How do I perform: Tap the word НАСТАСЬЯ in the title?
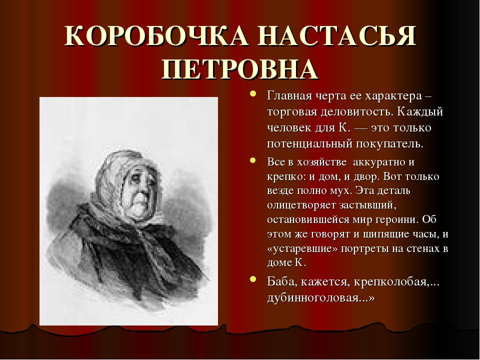(336, 35)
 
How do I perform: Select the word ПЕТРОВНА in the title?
(239, 69)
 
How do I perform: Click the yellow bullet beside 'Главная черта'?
(252, 93)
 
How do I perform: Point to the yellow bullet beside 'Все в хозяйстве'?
(252, 160)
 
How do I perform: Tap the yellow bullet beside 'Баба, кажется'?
(252, 279)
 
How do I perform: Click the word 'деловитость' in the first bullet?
(357, 111)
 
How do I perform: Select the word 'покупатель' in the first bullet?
(389, 144)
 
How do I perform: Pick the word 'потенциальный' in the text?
(309, 144)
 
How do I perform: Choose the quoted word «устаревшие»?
(302, 248)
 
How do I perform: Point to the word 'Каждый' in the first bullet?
(420, 111)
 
